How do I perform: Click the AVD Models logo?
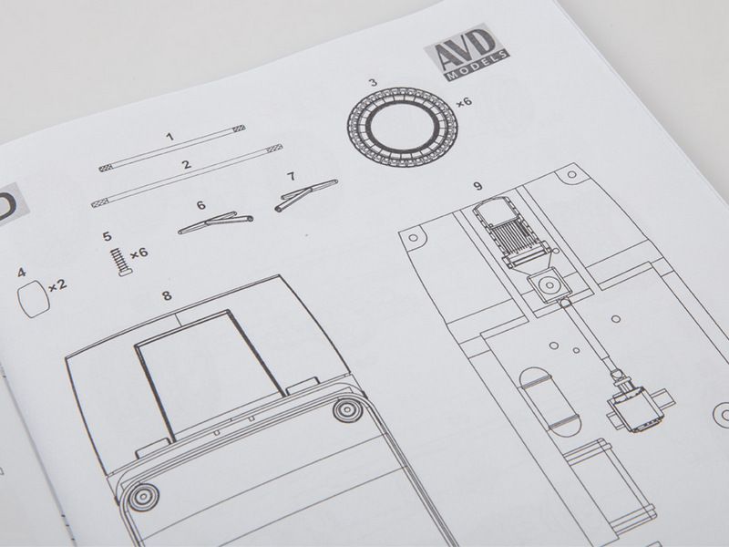point(467,52)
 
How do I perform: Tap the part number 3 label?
point(373,82)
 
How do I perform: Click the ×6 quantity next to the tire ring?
point(464,101)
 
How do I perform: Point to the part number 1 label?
point(170,137)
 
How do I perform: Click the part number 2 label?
point(187,164)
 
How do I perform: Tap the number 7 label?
point(291,176)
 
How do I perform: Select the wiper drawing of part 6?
point(216,222)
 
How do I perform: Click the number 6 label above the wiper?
point(200,205)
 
